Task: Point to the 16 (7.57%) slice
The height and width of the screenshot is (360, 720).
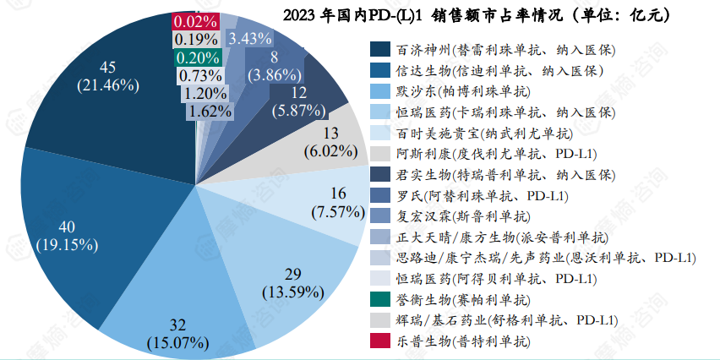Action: pyautogui.click(x=325, y=203)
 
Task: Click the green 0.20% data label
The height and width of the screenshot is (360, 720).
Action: pyautogui.click(x=196, y=57)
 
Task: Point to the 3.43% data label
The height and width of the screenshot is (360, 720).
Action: pyautogui.click(x=250, y=38)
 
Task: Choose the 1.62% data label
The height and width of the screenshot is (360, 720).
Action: pyautogui.click(x=210, y=110)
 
